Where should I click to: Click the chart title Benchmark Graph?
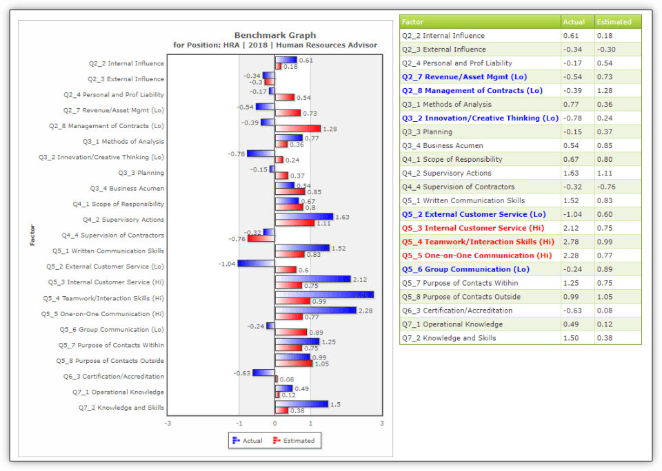click(274, 35)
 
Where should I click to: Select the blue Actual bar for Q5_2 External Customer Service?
click(256, 263)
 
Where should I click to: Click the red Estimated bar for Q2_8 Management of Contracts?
click(298, 129)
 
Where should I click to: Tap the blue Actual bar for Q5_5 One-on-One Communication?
click(315, 311)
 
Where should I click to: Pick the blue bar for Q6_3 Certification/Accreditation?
click(263, 373)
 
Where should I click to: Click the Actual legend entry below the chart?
click(248, 441)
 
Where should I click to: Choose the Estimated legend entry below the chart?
click(294, 441)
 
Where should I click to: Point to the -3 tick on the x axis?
click(168, 423)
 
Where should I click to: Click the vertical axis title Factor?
click(32, 235)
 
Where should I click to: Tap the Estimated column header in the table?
click(614, 22)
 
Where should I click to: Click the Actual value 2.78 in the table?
click(572, 242)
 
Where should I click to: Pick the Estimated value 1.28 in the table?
click(605, 91)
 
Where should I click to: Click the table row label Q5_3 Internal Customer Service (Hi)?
click(473, 228)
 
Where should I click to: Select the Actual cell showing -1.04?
click(574, 214)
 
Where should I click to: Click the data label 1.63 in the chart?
click(342, 217)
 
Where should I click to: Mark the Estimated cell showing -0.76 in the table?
click(606, 187)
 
